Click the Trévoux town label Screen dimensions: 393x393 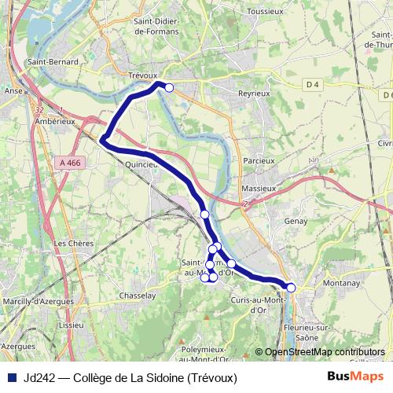(142, 75)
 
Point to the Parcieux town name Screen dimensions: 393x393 (259, 160)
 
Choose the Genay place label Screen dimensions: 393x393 (293, 222)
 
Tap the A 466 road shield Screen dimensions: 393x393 (69, 161)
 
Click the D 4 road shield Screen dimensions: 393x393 (314, 84)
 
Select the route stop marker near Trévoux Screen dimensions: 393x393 (169, 87)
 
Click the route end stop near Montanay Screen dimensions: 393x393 (291, 288)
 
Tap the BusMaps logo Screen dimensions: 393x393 (351, 376)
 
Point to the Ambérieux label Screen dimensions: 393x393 (55, 122)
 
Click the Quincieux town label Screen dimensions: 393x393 (141, 165)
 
